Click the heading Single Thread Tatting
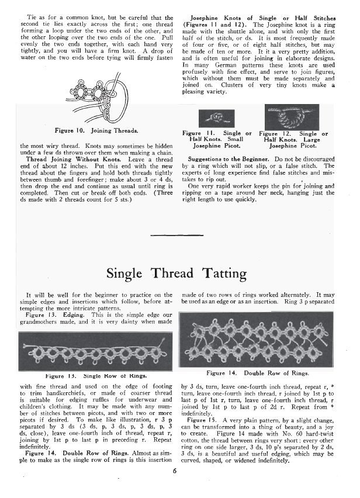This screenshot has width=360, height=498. click(x=180, y=272)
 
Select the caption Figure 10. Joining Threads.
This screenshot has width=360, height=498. click(x=95, y=130)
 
